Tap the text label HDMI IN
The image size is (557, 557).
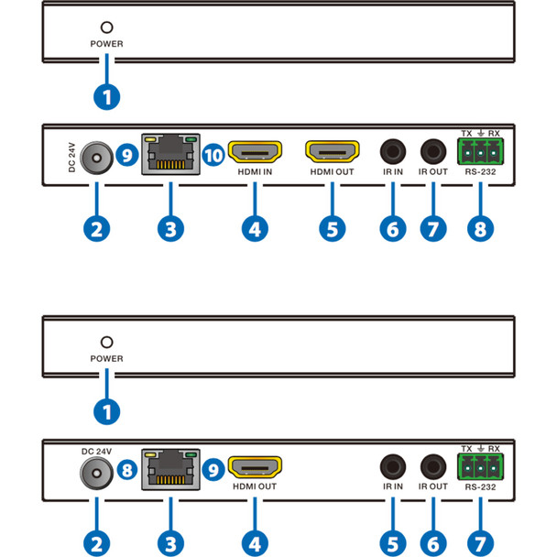click(x=254, y=171)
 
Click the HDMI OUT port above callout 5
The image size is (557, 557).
click(x=333, y=151)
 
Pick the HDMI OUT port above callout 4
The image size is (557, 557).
click(x=254, y=467)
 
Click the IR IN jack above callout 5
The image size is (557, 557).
click(x=392, y=466)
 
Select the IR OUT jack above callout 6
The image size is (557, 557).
click(x=431, y=466)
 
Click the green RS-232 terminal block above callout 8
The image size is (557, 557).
click(x=481, y=150)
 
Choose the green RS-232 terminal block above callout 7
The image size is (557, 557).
click(x=481, y=466)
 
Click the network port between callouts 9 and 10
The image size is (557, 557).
click(x=170, y=155)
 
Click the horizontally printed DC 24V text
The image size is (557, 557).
click(x=95, y=452)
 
